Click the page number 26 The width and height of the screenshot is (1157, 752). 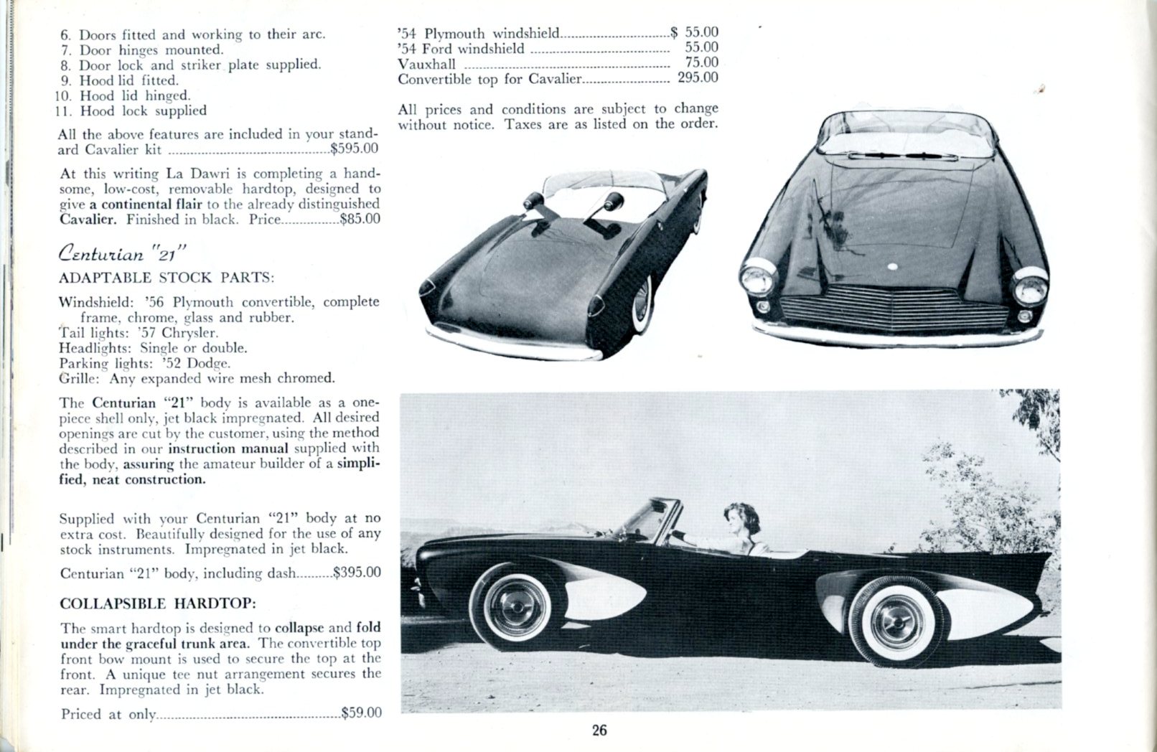click(x=599, y=730)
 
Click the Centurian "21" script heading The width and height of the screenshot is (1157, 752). click(x=123, y=253)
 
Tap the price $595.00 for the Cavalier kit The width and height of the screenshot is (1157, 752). click(x=355, y=149)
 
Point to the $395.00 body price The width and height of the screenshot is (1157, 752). click(x=357, y=573)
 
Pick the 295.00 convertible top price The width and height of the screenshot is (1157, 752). click(x=698, y=77)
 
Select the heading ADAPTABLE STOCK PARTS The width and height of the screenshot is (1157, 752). click(x=167, y=277)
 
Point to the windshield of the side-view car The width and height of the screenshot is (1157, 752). click(x=655, y=520)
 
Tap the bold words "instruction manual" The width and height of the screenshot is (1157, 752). click(x=228, y=448)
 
